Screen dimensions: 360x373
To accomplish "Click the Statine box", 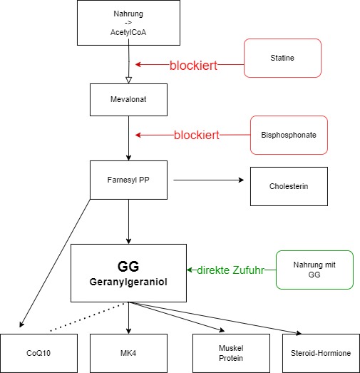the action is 282,58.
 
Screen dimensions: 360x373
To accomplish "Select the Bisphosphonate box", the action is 289,135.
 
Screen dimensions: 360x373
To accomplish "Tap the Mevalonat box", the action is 128,100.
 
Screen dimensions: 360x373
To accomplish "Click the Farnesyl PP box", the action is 128,180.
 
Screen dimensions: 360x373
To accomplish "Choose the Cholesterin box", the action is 289,186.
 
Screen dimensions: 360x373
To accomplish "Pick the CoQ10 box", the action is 38,353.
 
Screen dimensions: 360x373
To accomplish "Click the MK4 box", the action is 128,353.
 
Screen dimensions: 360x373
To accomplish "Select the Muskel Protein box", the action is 231,353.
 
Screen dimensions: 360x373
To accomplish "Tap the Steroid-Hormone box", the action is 321,353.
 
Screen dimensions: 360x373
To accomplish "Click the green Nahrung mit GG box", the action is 314,270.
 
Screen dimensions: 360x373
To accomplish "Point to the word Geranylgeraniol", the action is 128,282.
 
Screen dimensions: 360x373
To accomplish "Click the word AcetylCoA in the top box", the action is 128,32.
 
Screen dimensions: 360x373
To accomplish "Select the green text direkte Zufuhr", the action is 230,270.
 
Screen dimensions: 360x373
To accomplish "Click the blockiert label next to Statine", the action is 193,65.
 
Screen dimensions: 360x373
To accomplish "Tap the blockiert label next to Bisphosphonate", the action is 197,135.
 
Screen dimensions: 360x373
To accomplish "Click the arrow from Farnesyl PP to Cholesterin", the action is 209,180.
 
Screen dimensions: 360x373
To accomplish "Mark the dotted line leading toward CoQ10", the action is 88,317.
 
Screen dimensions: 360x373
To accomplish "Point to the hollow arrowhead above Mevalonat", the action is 128,80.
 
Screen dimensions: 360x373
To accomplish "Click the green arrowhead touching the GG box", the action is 190,270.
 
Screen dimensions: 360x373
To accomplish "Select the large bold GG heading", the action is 128,267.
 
